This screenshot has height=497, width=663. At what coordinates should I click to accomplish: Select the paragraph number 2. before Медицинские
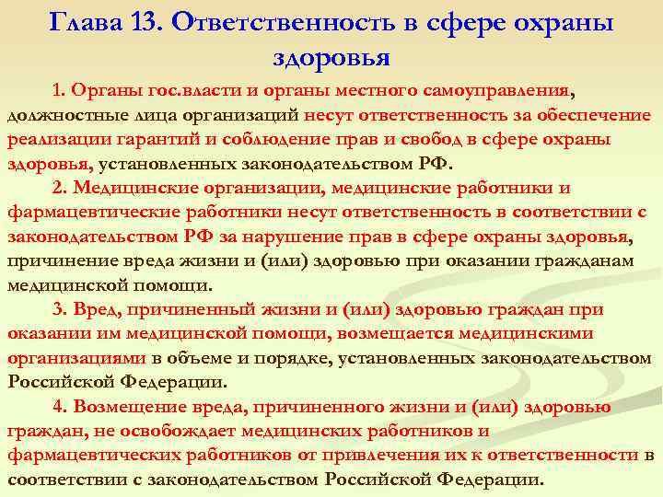(x=61, y=188)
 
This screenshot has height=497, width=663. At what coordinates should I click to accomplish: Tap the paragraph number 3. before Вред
(x=61, y=309)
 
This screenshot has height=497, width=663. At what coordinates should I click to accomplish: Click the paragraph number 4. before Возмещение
(x=61, y=406)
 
